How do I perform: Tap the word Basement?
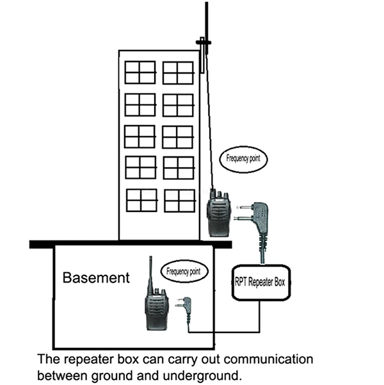pos(96,278)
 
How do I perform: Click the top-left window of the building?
pos(140,72)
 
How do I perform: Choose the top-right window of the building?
pos(178,72)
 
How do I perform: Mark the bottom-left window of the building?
pos(141,200)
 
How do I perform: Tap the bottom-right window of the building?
pos(179,200)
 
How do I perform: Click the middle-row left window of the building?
pos(140,136)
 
